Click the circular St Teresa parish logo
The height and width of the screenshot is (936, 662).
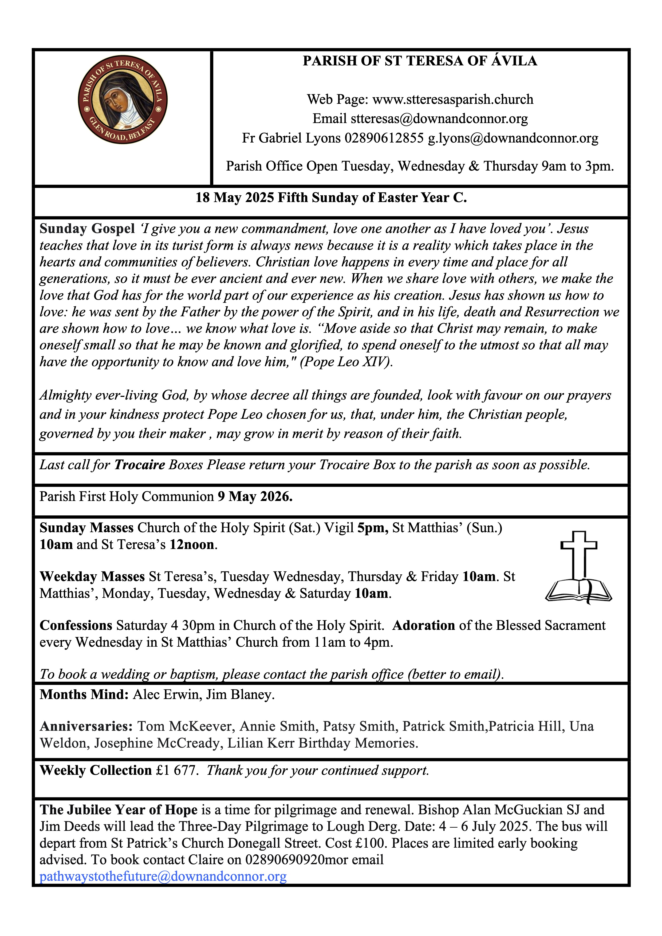coord(123,100)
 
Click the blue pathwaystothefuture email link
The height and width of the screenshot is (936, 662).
coord(163,876)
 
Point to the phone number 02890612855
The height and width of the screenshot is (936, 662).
coord(384,138)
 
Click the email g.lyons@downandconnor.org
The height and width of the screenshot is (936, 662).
coord(513,138)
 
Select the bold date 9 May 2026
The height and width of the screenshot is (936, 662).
coord(255,496)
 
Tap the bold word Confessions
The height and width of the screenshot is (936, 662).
coord(76,625)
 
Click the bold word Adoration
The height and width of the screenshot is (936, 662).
coord(424,625)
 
